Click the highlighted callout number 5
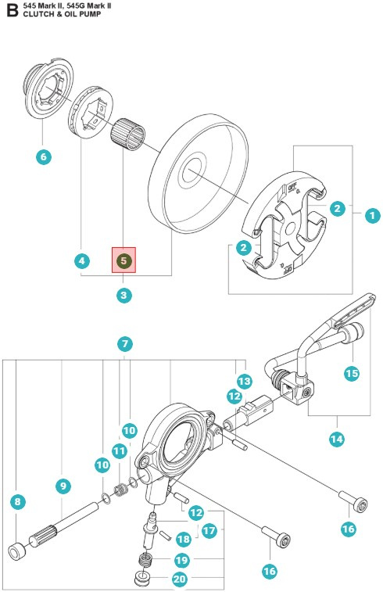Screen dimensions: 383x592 (x=123, y=260)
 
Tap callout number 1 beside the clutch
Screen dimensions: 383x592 (x=372, y=216)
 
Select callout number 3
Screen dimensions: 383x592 (x=123, y=295)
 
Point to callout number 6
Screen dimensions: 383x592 (x=44, y=156)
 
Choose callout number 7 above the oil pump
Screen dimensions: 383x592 (x=125, y=344)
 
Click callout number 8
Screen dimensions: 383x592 (x=17, y=502)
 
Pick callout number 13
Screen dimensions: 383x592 (x=244, y=381)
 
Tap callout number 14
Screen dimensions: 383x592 (x=336, y=439)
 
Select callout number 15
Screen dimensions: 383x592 (x=352, y=373)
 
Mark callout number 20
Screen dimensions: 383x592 (x=180, y=579)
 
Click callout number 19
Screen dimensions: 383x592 (x=182, y=560)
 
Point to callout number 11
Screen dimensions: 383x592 (x=120, y=450)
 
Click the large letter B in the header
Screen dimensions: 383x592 (x=12, y=10)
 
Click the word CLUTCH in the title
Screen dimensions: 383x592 (x=36, y=14)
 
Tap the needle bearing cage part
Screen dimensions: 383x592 (x=128, y=134)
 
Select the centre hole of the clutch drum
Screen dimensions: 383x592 (x=192, y=170)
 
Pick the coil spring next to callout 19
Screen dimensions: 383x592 (x=145, y=559)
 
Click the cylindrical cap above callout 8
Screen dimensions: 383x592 (x=18, y=550)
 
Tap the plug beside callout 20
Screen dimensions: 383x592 (x=143, y=578)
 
